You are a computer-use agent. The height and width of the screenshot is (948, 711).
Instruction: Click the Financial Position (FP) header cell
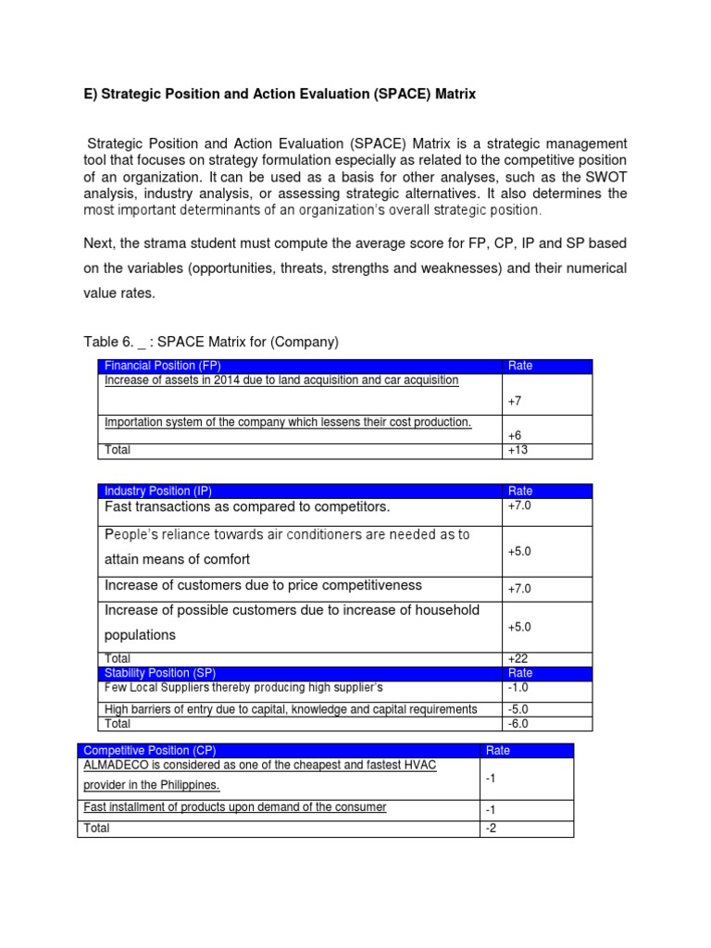163,366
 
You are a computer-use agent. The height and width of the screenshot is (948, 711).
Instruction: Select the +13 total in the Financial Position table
518,451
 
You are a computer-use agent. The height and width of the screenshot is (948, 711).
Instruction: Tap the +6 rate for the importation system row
516,435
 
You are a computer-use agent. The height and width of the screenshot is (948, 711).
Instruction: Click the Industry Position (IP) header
157,491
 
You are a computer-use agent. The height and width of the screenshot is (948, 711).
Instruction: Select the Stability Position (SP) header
159,673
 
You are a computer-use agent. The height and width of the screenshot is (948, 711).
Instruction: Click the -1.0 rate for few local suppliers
518,688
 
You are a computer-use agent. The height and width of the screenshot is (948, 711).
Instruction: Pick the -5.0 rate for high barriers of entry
518,709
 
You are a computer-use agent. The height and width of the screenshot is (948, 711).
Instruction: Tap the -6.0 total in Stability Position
518,724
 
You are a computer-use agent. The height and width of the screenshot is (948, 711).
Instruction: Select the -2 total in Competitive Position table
492,829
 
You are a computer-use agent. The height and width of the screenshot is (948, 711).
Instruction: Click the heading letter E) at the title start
89,94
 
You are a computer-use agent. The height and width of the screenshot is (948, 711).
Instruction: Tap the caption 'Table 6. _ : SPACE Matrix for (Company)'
211,343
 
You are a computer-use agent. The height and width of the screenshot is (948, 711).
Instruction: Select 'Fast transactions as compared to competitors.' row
247,507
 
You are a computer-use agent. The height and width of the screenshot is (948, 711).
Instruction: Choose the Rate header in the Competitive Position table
498,750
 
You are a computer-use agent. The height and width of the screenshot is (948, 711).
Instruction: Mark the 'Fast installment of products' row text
235,807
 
